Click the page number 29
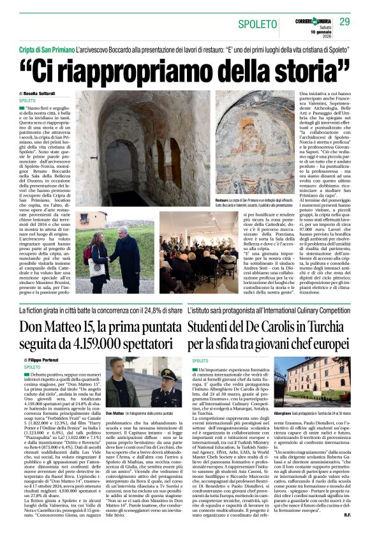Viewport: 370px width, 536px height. click(345, 22)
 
